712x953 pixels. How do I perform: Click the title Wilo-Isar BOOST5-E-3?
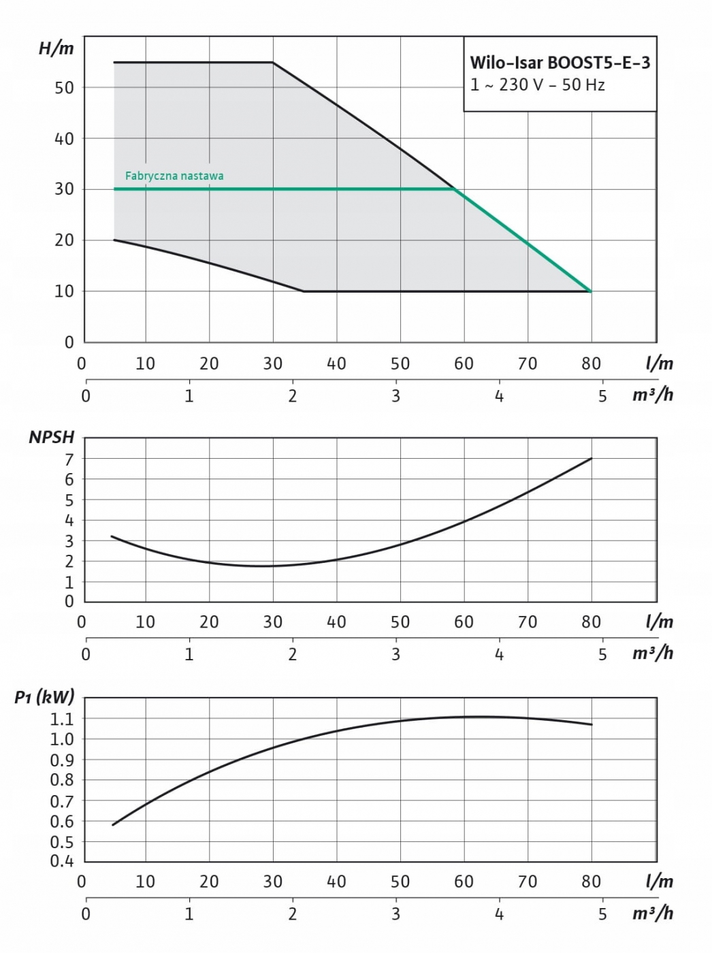[560, 63]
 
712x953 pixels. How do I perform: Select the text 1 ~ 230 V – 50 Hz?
[537, 86]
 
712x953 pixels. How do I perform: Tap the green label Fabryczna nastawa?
[174, 176]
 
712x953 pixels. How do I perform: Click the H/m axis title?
[56, 48]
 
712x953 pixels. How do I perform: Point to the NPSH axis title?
[51, 437]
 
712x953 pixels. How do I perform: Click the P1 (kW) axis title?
[44, 696]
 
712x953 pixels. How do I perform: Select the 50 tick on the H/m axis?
[64, 88]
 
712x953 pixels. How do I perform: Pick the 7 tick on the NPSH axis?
[69, 459]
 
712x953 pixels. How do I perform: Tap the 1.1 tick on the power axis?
[62, 719]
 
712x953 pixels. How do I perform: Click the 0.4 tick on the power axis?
[62, 861]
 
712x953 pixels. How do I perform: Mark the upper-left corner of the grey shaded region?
[114, 63]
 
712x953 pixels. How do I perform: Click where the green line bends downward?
[455, 189]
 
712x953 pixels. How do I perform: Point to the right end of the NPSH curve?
[592, 459]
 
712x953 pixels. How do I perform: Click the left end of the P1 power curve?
[113, 825]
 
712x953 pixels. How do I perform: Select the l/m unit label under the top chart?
[659, 364]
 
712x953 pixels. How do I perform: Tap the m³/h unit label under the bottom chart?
[652, 913]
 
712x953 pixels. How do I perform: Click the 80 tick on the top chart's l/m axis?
[591, 364]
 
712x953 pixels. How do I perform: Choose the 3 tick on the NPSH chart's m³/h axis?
[396, 654]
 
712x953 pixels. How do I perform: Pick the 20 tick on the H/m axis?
[64, 240]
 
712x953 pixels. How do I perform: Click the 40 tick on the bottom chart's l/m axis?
[336, 882]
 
